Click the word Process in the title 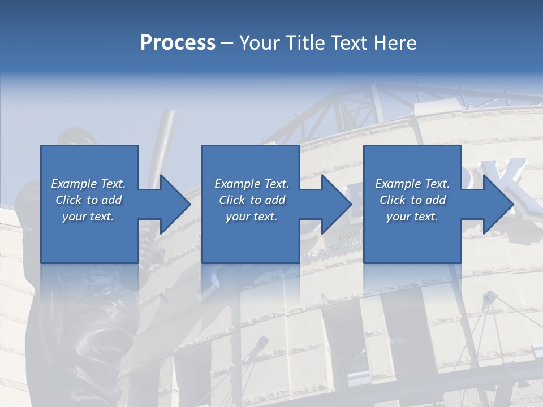pyautogui.click(x=178, y=43)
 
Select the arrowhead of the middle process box pyautogui.click(x=335, y=204)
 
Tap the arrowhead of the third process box pyautogui.click(x=497, y=204)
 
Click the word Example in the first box pyautogui.click(x=74, y=184)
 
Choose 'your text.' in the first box pyautogui.click(x=88, y=217)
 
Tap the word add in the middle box pyautogui.click(x=275, y=200)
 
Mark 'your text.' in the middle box pyautogui.click(x=252, y=217)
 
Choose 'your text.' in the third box pyautogui.click(x=412, y=217)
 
